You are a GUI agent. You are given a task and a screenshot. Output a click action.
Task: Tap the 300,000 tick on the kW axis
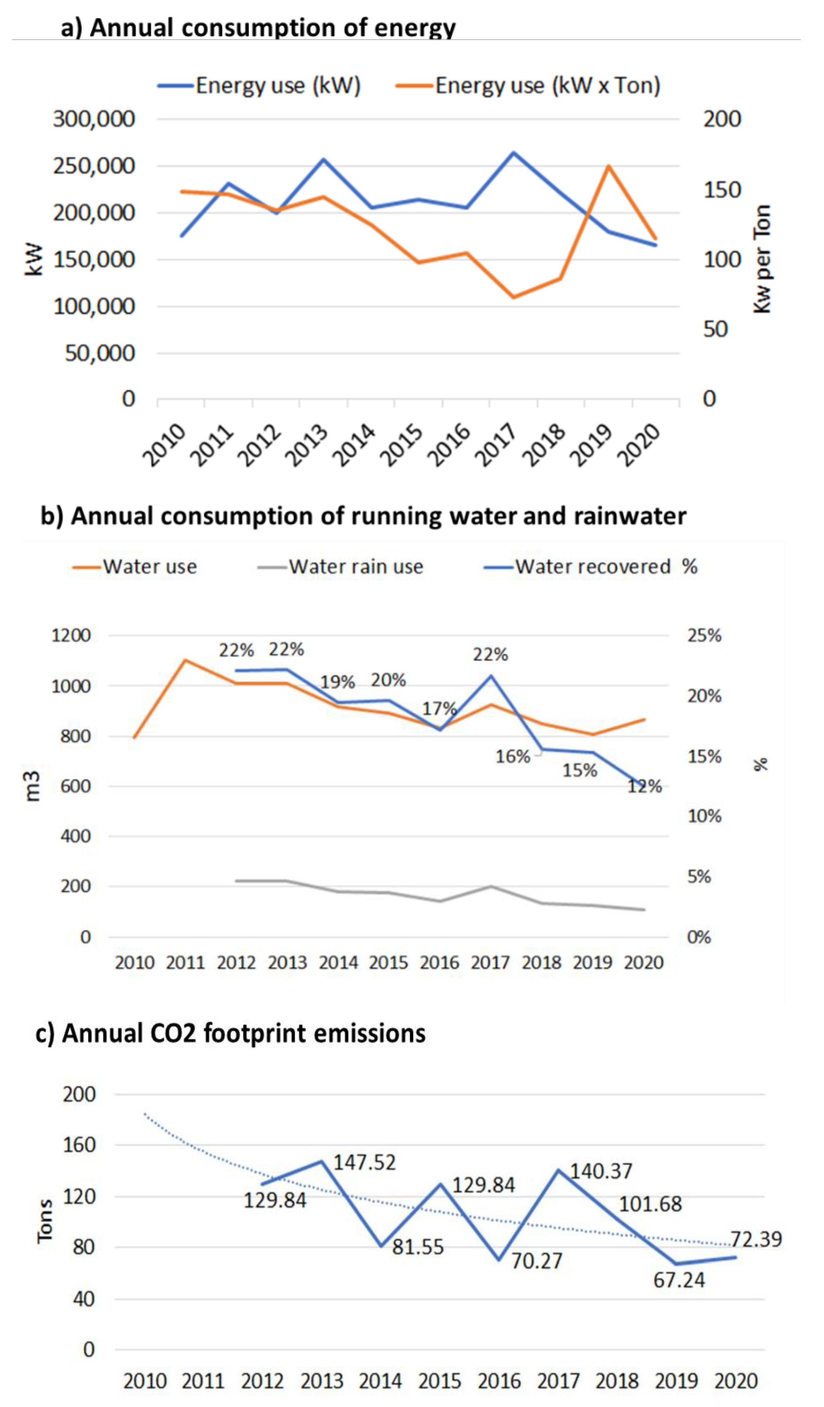(94, 119)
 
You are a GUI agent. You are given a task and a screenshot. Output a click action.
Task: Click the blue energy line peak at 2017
(513, 152)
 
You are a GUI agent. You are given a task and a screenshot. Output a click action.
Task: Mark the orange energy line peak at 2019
(608, 166)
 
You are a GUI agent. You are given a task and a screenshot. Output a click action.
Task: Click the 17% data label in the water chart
(439, 709)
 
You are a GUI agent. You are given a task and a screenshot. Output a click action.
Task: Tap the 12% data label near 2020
(644, 787)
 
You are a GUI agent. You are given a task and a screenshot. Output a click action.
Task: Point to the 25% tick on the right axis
(704, 635)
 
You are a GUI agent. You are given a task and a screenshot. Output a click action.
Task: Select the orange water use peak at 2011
(185, 660)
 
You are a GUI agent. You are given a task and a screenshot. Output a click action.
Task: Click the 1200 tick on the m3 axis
(71, 635)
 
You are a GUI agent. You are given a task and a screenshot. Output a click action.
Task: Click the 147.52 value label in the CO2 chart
(364, 1163)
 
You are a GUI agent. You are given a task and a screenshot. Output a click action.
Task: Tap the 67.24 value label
(679, 1280)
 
